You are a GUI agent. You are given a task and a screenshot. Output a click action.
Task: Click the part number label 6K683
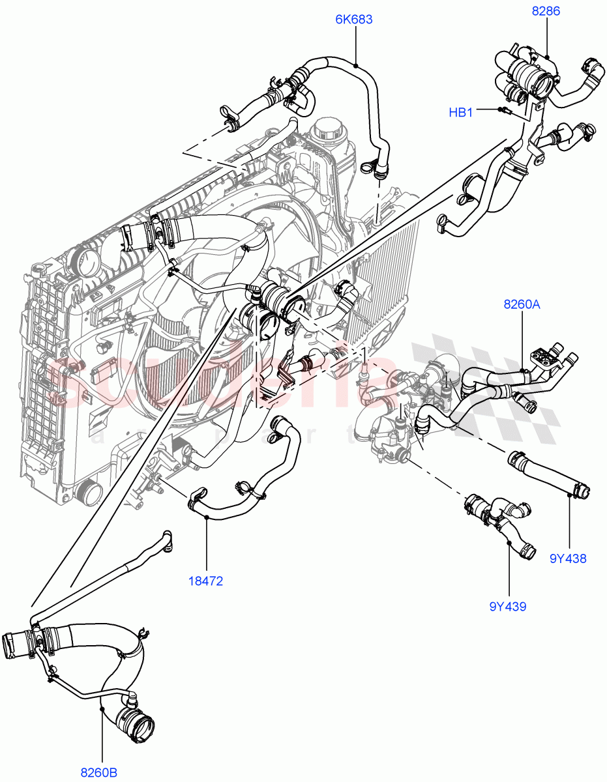pyautogui.click(x=354, y=20)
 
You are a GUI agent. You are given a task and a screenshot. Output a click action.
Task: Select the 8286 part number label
pyautogui.click(x=546, y=11)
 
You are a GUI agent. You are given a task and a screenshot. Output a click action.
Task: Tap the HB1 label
pyautogui.click(x=460, y=113)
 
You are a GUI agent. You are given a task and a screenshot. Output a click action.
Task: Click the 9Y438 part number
pyautogui.click(x=568, y=558)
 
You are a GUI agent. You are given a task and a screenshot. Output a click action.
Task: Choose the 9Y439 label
pyautogui.click(x=508, y=607)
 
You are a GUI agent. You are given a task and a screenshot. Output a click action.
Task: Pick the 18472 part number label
pyautogui.click(x=206, y=581)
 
